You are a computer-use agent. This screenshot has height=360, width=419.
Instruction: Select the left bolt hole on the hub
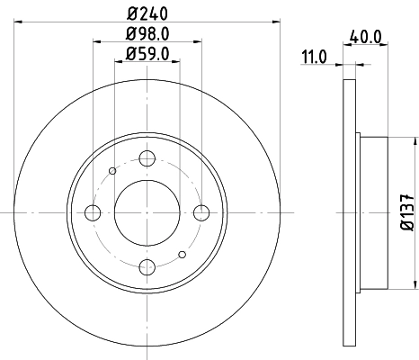tap(92, 212)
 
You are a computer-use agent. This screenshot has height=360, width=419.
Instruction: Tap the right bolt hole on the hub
tap(201, 212)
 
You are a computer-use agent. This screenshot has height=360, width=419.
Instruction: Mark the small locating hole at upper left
tap(111, 171)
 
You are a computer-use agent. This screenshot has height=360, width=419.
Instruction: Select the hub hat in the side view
tap(373, 212)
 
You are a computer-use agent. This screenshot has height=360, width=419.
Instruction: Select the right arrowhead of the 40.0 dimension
tap(385, 64)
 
